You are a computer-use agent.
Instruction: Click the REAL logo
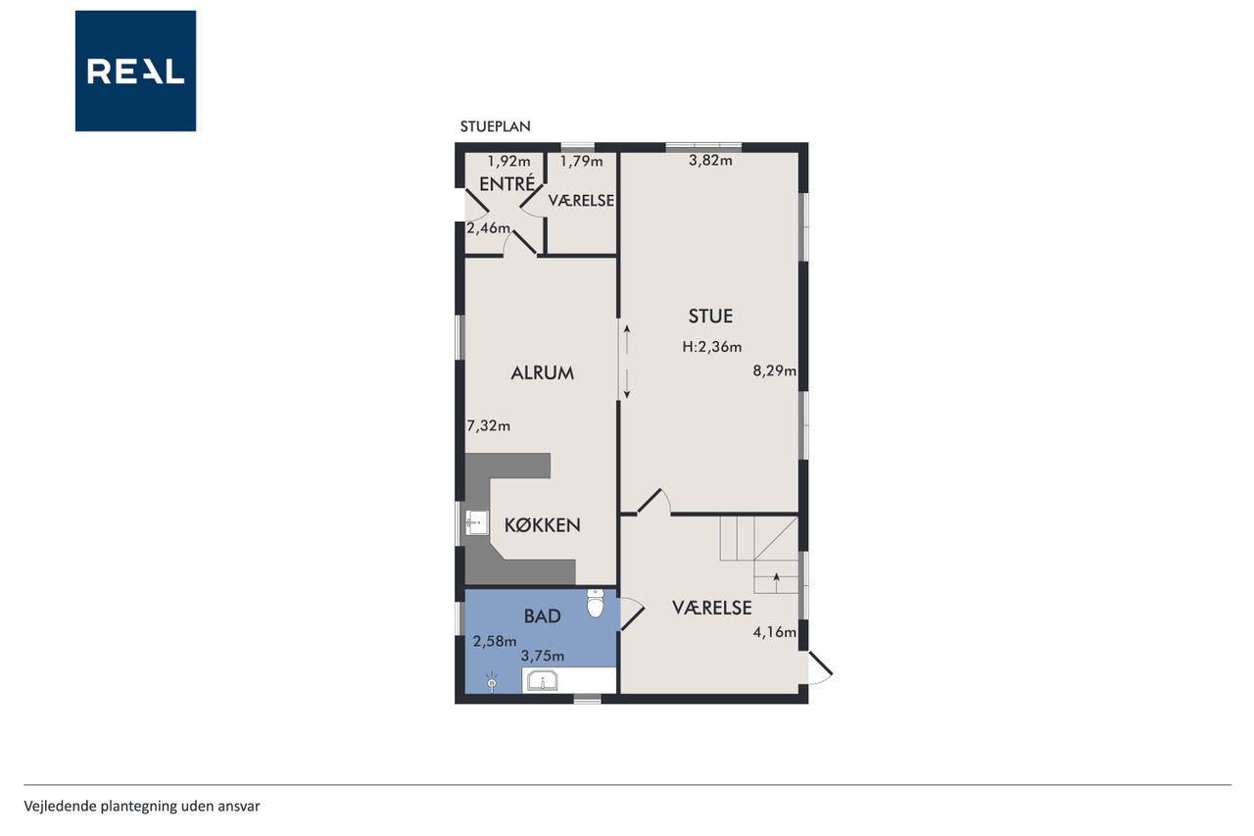pyautogui.click(x=135, y=72)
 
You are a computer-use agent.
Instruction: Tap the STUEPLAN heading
pyautogui.click(x=495, y=126)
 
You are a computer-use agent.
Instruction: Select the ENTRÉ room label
pyautogui.click(x=506, y=183)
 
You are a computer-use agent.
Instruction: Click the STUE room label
pyautogui.click(x=710, y=317)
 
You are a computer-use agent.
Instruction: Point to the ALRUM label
pyautogui.click(x=542, y=373)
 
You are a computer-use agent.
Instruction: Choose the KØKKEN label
pyautogui.click(x=542, y=525)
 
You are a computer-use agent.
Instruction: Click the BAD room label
pyautogui.click(x=542, y=616)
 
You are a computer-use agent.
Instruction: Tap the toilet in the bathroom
pyautogui.click(x=595, y=604)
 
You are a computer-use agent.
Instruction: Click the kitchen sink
pyautogui.click(x=476, y=523)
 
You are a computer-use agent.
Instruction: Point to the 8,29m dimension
pyautogui.click(x=774, y=370)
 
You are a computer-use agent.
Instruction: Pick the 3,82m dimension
pyautogui.click(x=710, y=161)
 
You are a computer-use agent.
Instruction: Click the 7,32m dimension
pyautogui.click(x=488, y=426)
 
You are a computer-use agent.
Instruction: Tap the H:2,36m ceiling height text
pyautogui.click(x=711, y=347)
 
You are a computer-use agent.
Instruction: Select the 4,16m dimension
pyautogui.click(x=774, y=633)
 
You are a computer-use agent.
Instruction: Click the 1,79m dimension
pyautogui.click(x=581, y=162)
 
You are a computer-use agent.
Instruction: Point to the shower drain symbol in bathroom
pyautogui.click(x=492, y=682)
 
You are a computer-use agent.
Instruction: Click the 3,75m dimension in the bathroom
pyautogui.click(x=542, y=656)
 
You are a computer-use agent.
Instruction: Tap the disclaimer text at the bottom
pyautogui.click(x=142, y=807)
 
